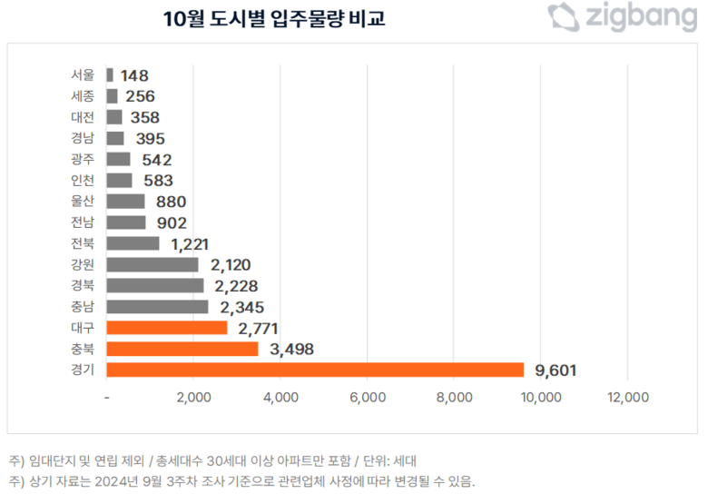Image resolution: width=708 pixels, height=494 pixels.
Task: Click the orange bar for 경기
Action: [315, 370]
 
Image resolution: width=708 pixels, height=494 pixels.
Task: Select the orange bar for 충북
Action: [182, 349]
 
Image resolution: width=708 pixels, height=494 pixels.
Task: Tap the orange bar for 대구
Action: [167, 328]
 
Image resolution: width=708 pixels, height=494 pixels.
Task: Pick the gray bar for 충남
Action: [157, 307]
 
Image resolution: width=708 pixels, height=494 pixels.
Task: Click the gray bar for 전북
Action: [133, 243]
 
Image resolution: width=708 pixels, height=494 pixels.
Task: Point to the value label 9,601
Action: [556, 370]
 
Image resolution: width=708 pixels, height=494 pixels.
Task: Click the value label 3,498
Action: [290, 349]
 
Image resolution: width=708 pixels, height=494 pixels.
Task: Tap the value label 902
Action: [170, 222]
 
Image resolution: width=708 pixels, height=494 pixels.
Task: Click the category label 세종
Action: [82, 96]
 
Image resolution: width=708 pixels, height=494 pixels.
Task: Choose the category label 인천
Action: [82, 181]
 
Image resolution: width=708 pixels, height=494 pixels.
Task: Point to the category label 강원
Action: [82, 264]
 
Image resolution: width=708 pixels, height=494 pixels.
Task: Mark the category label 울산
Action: [82, 202]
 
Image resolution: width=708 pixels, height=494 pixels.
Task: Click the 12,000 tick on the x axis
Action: [628, 397]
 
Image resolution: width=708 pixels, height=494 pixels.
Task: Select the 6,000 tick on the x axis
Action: [368, 397]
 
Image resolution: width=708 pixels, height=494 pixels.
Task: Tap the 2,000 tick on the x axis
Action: [194, 397]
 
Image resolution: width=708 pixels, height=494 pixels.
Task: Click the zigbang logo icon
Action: [563, 16]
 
